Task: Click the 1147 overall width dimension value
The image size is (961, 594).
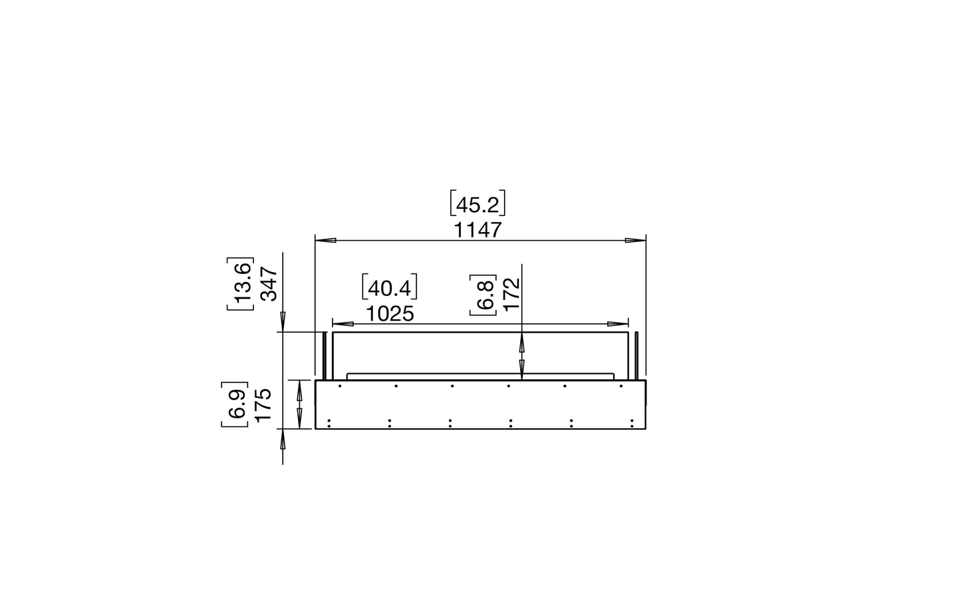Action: (x=478, y=230)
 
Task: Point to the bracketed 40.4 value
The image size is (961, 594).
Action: (x=390, y=288)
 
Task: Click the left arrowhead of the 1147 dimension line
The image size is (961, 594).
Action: (x=325, y=240)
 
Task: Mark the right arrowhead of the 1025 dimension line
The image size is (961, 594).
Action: (x=618, y=324)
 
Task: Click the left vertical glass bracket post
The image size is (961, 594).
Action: (x=324, y=355)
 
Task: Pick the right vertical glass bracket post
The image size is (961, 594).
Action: (x=636, y=355)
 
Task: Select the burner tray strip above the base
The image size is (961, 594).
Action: (x=480, y=376)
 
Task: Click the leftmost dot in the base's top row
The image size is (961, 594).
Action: (x=340, y=386)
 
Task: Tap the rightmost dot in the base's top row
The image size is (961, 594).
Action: (x=621, y=386)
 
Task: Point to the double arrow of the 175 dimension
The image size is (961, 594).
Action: (x=300, y=404)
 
